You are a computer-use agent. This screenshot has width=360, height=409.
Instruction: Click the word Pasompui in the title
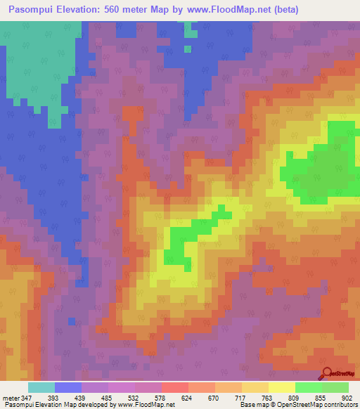(30, 10)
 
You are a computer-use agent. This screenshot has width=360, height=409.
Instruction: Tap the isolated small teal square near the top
(188, 49)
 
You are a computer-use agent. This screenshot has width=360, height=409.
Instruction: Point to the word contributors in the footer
(340, 405)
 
